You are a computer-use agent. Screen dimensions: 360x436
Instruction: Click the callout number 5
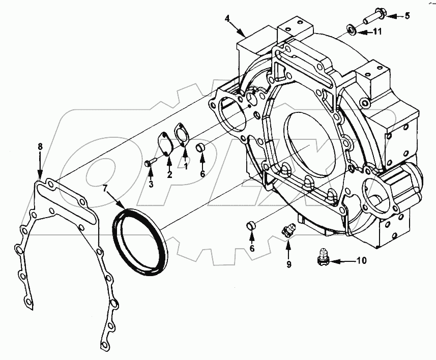(406, 16)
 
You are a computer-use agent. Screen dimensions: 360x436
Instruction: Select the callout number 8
(40, 146)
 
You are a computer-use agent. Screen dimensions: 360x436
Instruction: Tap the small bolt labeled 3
(149, 163)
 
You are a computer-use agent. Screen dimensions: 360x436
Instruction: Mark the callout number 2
(170, 174)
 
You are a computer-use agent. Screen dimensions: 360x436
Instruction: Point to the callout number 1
(186, 166)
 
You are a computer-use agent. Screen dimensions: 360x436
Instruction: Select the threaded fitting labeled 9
(288, 231)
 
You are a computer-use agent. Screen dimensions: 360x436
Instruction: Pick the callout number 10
(361, 262)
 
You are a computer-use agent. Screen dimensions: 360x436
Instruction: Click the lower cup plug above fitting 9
(250, 225)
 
